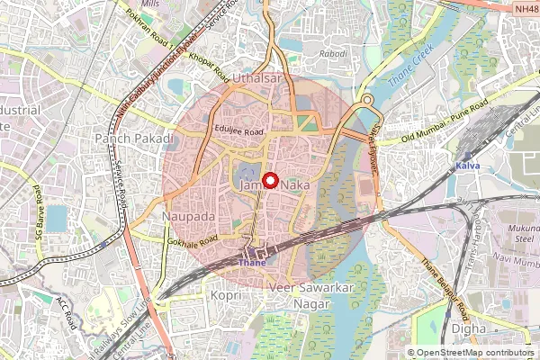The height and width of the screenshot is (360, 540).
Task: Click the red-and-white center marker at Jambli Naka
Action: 270,180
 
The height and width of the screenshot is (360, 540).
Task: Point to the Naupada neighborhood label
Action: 187,218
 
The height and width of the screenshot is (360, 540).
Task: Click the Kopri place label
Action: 224,294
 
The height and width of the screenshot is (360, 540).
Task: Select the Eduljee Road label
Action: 238,131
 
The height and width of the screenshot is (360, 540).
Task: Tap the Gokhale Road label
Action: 193,241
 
